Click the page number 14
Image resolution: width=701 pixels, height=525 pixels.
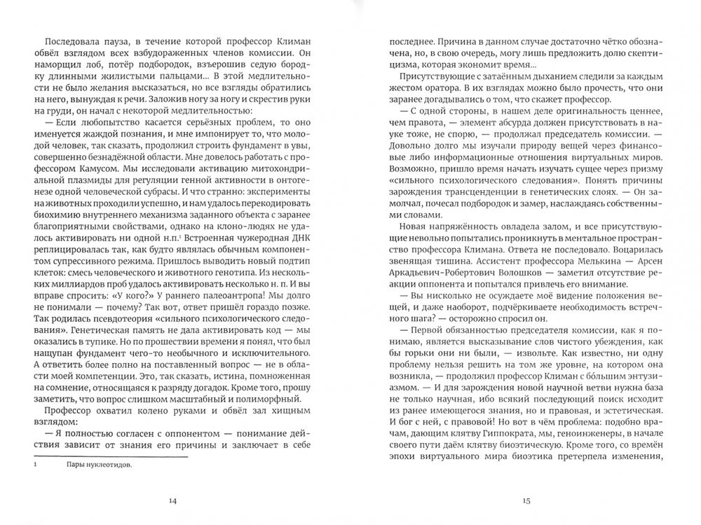click(173, 500)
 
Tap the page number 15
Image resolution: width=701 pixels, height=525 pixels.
click(527, 500)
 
